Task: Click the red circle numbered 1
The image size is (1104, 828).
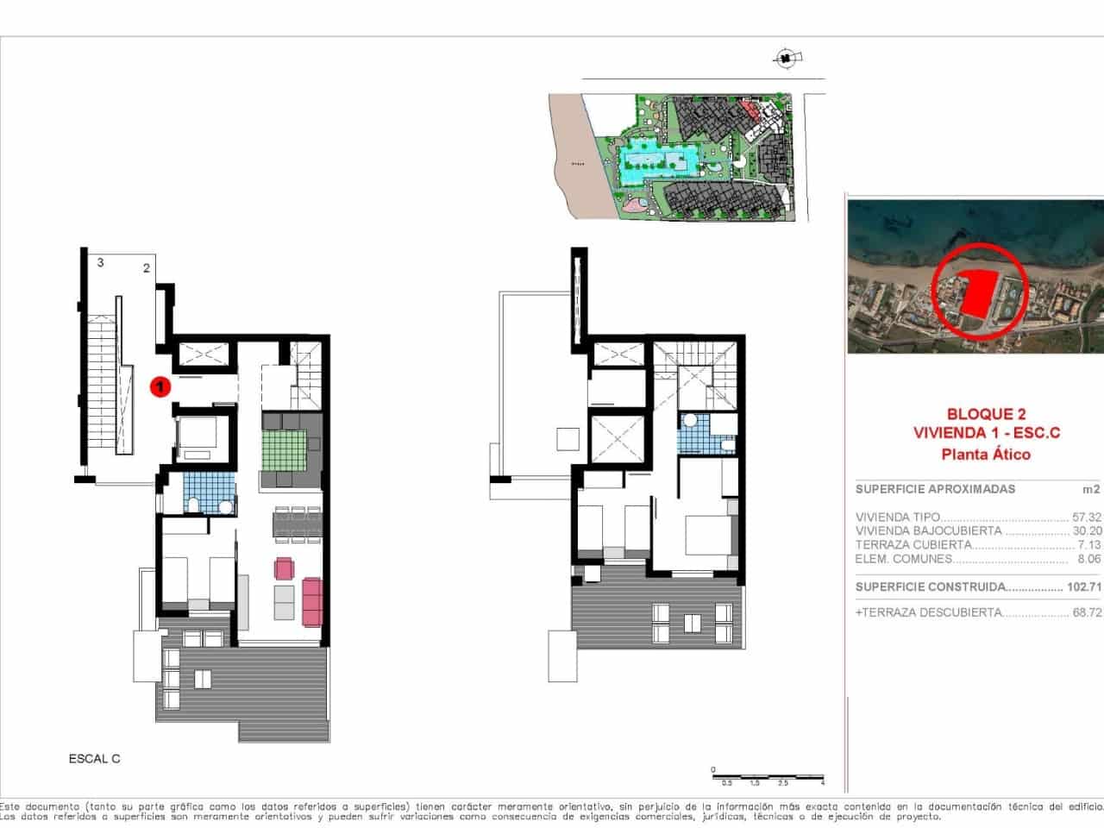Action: click(159, 387)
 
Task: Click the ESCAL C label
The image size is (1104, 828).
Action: click(94, 759)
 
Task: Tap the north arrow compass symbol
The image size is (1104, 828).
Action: click(786, 59)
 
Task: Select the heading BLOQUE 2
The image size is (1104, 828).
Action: click(974, 414)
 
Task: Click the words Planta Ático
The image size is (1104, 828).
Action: click(974, 454)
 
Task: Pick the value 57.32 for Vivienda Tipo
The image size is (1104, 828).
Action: click(1086, 517)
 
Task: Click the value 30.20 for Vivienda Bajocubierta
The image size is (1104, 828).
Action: click(1086, 531)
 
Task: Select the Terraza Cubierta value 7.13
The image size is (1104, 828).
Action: click(1088, 545)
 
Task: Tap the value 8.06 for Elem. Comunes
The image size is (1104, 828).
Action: click(1088, 559)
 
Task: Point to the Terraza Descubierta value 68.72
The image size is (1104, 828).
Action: click(1086, 612)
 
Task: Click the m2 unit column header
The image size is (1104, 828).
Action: click(1091, 489)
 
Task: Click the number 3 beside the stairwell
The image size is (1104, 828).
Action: click(101, 262)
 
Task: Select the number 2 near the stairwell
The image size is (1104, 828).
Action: click(147, 268)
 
